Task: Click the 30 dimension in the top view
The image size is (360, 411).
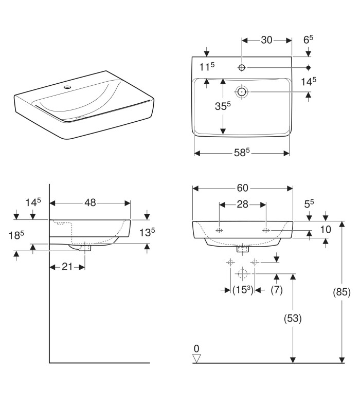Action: (x=267, y=40)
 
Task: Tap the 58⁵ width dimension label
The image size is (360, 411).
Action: (x=241, y=153)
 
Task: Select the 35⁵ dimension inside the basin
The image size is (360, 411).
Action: (x=222, y=106)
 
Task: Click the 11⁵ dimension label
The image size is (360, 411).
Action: (x=206, y=66)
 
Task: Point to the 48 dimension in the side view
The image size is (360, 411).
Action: (x=90, y=203)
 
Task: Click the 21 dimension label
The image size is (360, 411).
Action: (x=67, y=267)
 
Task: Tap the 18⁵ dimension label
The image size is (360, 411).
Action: (x=17, y=235)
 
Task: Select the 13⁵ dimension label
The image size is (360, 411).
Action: (x=147, y=232)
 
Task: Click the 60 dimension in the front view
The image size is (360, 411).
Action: (x=243, y=188)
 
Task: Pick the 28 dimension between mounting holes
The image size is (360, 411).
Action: (x=243, y=204)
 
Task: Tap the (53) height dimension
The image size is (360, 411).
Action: (x=293, y=318)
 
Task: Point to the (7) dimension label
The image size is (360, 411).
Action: (x=277, y=290)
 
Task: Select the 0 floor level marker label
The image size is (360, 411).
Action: (x=196, y=348)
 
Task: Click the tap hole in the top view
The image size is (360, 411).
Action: (x=242, y=68)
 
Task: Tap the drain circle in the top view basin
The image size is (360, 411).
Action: (x=242, y=92)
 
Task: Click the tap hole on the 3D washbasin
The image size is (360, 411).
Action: (x=66, y=87)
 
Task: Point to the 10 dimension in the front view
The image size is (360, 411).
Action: (x=325, y=229)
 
